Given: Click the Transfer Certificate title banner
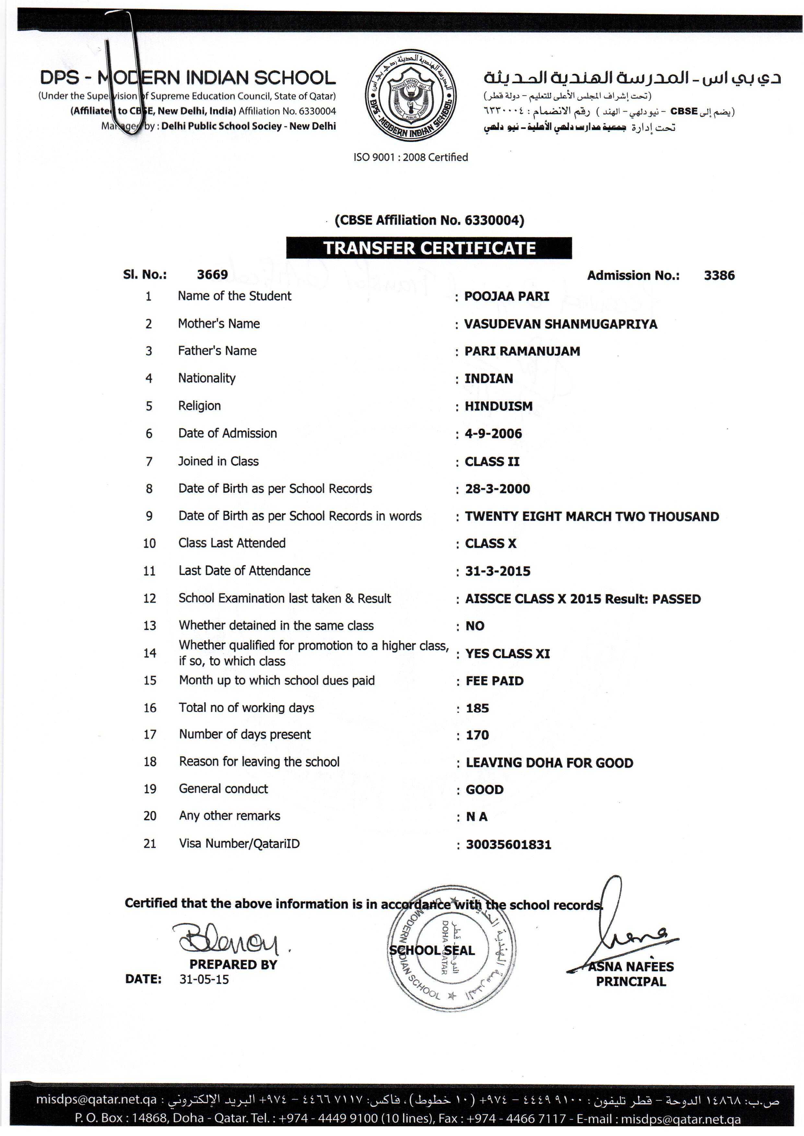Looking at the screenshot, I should (x=429, y=248).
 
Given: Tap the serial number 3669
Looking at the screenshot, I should (x=212, y=275).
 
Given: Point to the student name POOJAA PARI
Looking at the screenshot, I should (x=507, y=296).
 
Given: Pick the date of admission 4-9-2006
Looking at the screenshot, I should (x=493, y=434).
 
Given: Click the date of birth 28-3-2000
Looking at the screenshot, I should (x=497, y=489).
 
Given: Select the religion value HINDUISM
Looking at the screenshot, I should (x=498, y=406).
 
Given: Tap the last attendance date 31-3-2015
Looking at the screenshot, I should (x=497, y=571).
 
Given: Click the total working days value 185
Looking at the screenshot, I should (x=477, y=708).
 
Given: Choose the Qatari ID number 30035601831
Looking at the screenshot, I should (x=508, y=844).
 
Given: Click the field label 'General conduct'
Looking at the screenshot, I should (x=223, y=789).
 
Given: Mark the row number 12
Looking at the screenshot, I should (x=149, y=599).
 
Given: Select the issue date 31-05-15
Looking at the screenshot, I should (x=204, y=980).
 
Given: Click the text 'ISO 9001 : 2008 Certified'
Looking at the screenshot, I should (x=410, y=157).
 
